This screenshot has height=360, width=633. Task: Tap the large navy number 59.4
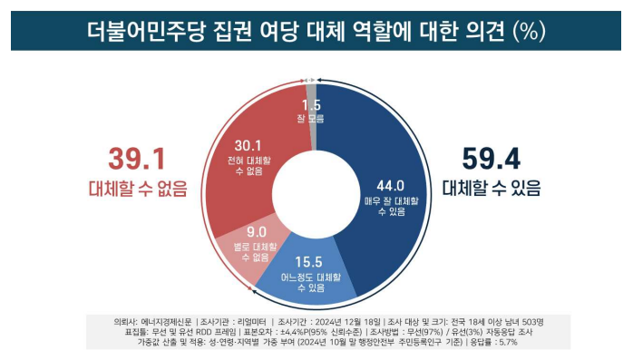tap(493, 160)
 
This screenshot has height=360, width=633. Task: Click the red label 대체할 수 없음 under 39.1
tap(137, 190)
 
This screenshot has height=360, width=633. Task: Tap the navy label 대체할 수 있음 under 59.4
tap(493, 190)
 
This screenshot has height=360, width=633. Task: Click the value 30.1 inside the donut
tap(248, 144)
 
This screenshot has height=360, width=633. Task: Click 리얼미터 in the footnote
tap(270, 321)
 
